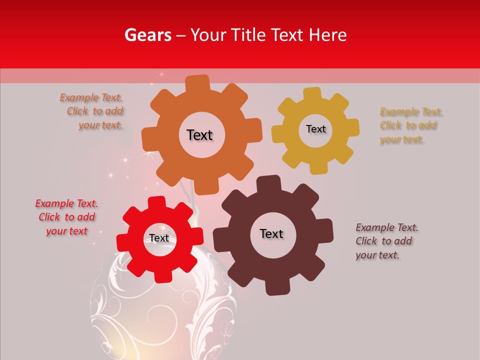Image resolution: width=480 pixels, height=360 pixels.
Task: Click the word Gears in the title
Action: tap(148, 35)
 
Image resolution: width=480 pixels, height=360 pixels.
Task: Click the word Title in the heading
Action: tap(248, 35)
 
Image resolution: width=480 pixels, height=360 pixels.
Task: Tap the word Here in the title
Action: tap(327, 35)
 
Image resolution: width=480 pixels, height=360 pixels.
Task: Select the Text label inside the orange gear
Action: tap(199, 135)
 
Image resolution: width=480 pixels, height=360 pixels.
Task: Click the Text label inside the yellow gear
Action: tap(315, 129)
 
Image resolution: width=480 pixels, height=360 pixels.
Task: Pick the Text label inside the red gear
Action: tap(159, 238)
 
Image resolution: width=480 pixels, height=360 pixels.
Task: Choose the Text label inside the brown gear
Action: tap(271, 233)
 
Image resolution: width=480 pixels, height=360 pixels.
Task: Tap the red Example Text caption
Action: tap(66, 217)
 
